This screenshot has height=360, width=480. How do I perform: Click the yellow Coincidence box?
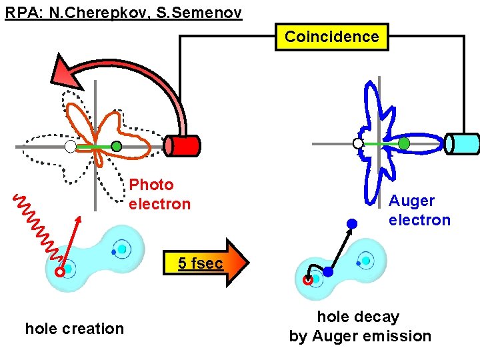[331, 37]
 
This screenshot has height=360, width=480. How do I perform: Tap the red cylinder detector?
[182, 145]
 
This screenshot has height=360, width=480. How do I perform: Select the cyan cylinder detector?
[462, 143]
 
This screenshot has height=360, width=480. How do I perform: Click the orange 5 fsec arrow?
[207, 263]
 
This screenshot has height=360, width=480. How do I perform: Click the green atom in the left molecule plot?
[116, 146]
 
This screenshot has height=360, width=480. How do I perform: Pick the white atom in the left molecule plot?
[70, 147]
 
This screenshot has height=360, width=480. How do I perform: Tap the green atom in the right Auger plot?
[404, 143]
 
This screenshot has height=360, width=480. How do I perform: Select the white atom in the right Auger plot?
[358, 143]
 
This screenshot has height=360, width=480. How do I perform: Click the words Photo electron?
[159, 194]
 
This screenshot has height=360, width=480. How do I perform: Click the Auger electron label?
[419, 210]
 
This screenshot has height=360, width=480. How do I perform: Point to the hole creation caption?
[74, 329]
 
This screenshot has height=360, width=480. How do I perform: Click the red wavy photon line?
[37, 227]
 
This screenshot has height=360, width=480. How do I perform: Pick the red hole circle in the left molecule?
[59, 272]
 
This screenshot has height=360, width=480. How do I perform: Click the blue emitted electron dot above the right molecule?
[352, 223]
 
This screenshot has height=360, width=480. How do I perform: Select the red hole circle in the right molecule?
[308, 281]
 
